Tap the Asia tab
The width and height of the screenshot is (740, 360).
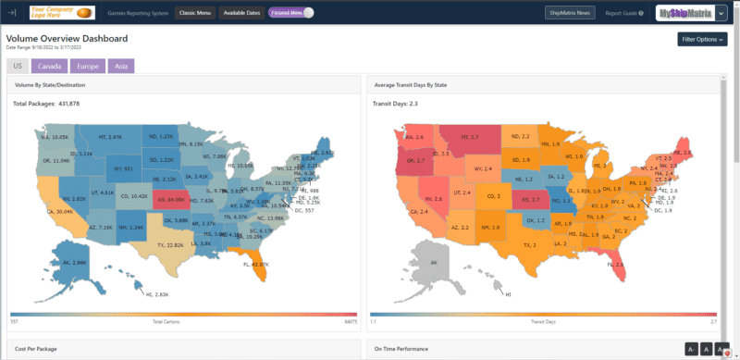pyautogui.click(x=119, y=67)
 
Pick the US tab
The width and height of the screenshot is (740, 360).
pyautogui.click(x=18, y=67)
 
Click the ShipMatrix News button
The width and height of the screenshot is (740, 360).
pyautogui.click(x=570, y=13)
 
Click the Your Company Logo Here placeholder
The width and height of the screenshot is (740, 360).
pyautogui.click(x=62, y=13)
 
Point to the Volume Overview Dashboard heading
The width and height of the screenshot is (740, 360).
pyautogui.click(x=67, y=39)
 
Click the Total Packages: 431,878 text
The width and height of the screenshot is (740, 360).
pyautogui.click(x=46, y=104)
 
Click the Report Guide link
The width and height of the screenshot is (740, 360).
pyautogui.click(x=624, y=13)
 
